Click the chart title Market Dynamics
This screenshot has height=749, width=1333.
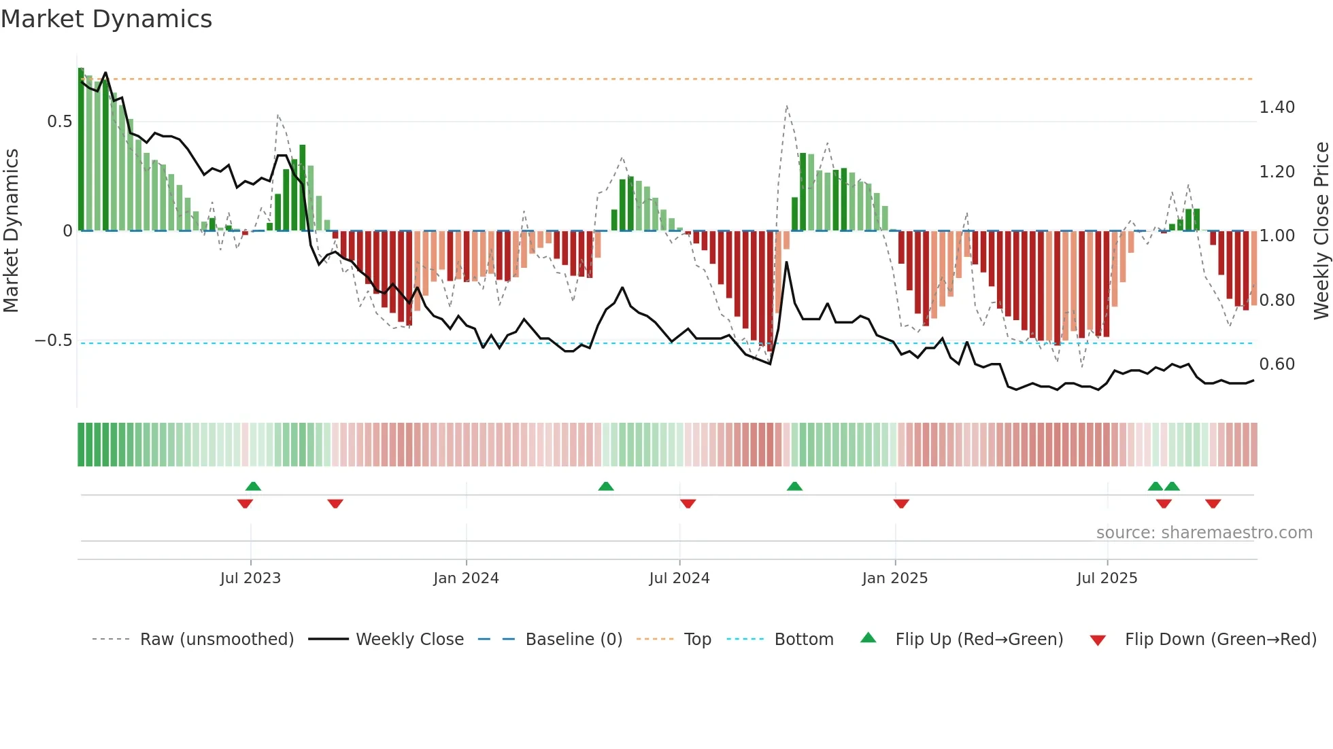(x=107, y=19)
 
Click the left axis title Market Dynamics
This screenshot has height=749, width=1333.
(x=11, y=230)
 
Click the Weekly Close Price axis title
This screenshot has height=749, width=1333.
(x=1321, y=230)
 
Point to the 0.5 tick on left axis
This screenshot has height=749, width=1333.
(x=59, y=122)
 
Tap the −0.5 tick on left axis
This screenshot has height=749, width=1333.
(x=54, y=341)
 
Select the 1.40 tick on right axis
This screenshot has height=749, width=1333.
(x=1277, y=107)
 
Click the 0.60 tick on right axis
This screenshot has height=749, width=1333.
(x=1277, y=364)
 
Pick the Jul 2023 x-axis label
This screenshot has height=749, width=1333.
(x=250, y=578)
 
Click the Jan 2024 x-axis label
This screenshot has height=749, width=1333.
(x=466, y=578)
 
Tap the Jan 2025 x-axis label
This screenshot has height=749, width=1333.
(x=894, y=578)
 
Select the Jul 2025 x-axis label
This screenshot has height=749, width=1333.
(x=1107, y=578)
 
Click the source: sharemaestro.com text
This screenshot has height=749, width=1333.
(x=1204, y=533)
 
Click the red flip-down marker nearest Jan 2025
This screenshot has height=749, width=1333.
(x=901, y=504)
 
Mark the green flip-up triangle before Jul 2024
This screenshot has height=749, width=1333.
(x=606, y=486)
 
